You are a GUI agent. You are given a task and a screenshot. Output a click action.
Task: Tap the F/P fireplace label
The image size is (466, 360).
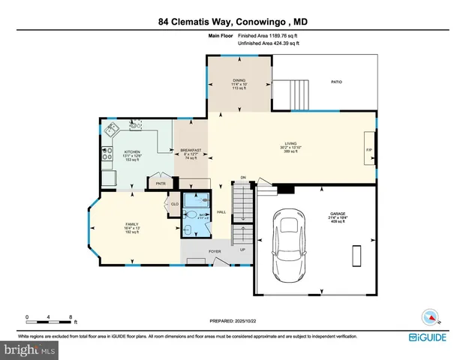(368, 151)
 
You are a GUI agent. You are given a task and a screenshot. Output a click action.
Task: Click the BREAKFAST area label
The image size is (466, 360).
(191, 151)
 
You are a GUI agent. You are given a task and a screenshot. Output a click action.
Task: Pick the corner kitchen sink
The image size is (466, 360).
(110, 128)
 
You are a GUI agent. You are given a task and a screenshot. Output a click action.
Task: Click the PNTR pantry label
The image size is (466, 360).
(160, 182)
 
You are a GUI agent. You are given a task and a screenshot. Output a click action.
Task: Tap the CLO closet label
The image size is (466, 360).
(174, 203)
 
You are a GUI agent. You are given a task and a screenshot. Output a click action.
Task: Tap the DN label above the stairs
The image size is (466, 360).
(243, 177)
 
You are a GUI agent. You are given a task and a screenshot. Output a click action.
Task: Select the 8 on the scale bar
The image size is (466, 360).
(70, 316)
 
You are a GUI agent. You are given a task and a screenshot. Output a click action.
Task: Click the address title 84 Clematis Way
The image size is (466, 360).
(233, 22)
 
